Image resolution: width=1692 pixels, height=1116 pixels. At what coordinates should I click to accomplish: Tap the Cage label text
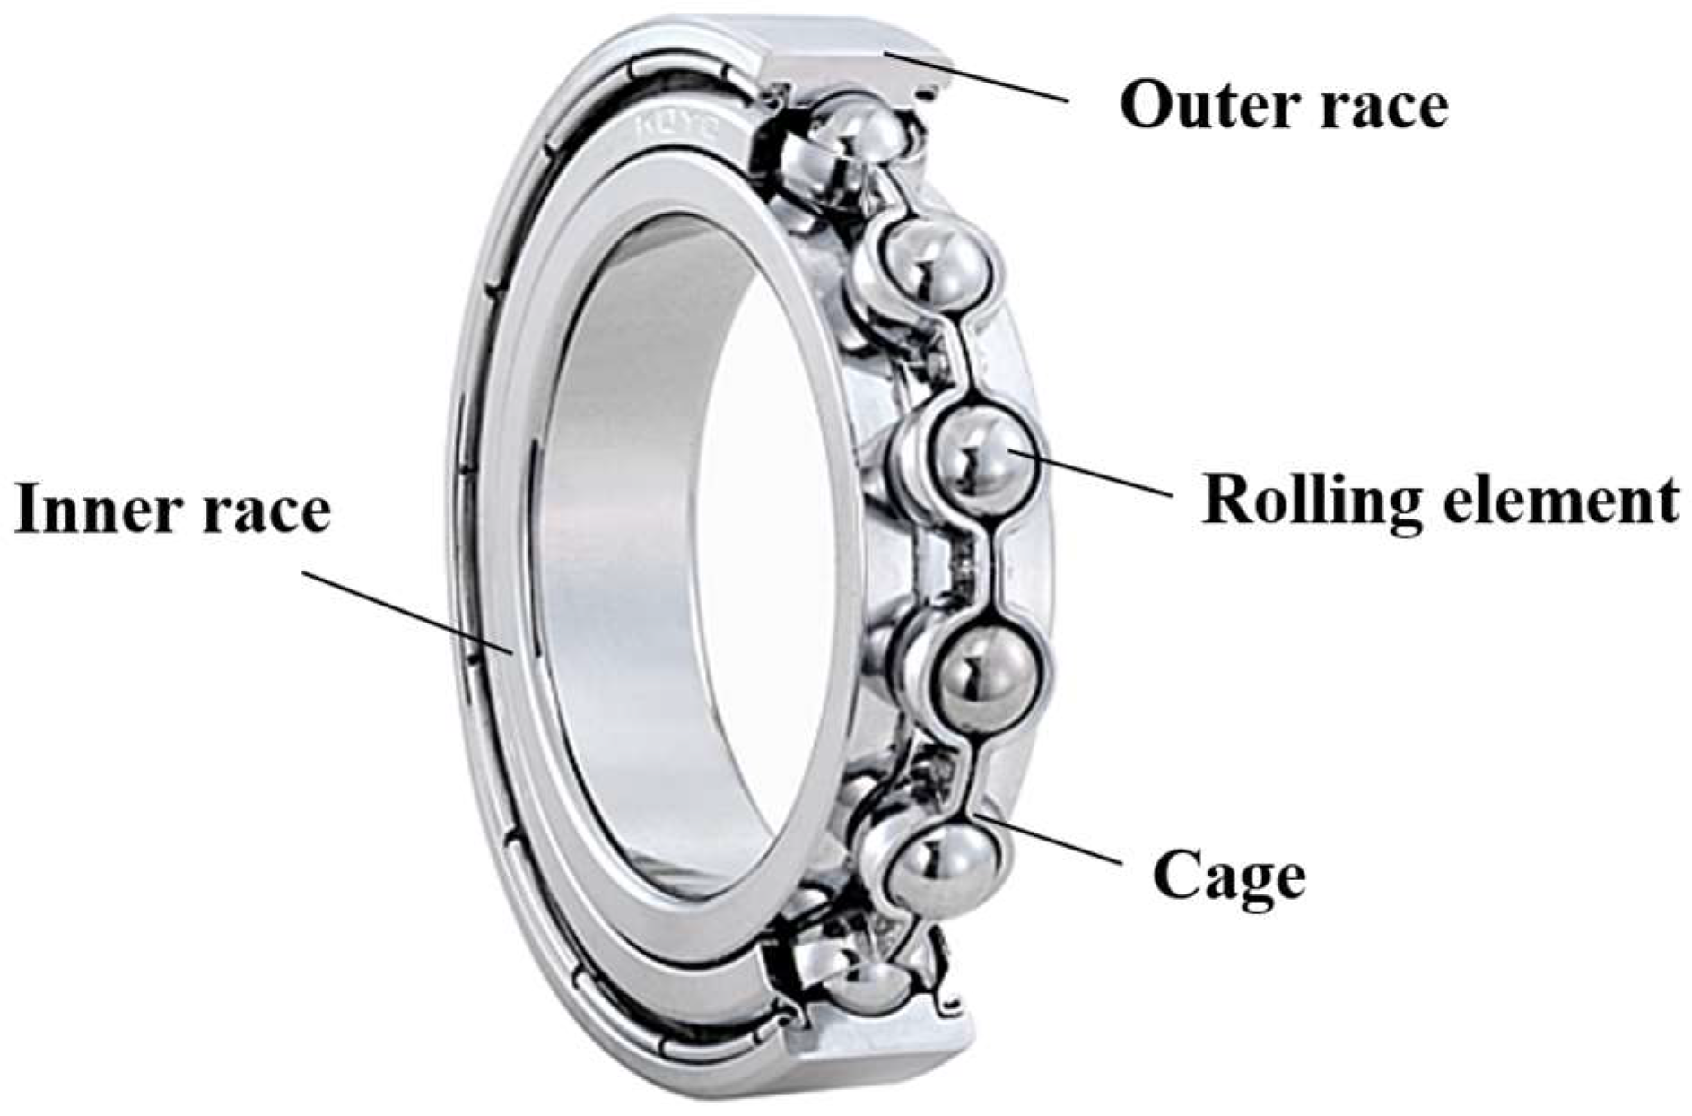(x=1228, y=877)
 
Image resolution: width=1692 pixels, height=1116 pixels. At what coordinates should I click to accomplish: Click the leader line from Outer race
(x=977, y=77)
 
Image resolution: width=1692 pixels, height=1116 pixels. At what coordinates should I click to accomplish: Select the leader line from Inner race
(x=407, y=611)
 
